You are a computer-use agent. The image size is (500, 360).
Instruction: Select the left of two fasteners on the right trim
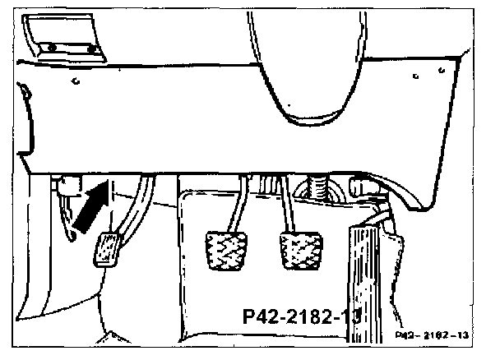[x=416, y=76]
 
